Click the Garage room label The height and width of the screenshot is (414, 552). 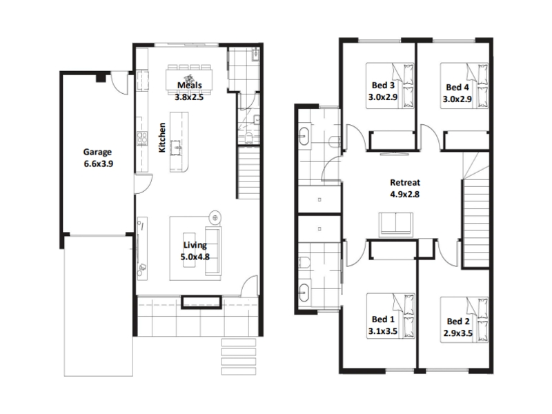coord(97,152)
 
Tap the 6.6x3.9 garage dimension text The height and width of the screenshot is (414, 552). coord(98,164)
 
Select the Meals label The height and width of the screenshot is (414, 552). coord(189,85)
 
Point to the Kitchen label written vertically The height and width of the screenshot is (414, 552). coord(162,137)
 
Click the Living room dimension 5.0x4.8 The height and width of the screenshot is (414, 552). coord(195,257)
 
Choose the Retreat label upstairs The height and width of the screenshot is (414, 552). coord(405,182)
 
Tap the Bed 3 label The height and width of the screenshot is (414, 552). coord(383,85)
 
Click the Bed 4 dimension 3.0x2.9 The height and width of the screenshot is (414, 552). coord(457,99)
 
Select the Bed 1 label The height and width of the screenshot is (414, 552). coord(383,319)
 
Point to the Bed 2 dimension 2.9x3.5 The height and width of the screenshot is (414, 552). coord(457,333)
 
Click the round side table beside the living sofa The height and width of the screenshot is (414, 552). coord(215,218)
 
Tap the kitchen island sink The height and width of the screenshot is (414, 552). coord(176,147)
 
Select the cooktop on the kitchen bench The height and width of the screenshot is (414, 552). coord(142,138)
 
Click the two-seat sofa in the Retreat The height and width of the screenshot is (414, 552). coord(395,224)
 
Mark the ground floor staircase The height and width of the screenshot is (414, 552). coord(249,173)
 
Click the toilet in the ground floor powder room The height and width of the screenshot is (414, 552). coord(248,137)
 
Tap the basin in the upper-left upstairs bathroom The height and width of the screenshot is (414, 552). coord(304,137)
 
